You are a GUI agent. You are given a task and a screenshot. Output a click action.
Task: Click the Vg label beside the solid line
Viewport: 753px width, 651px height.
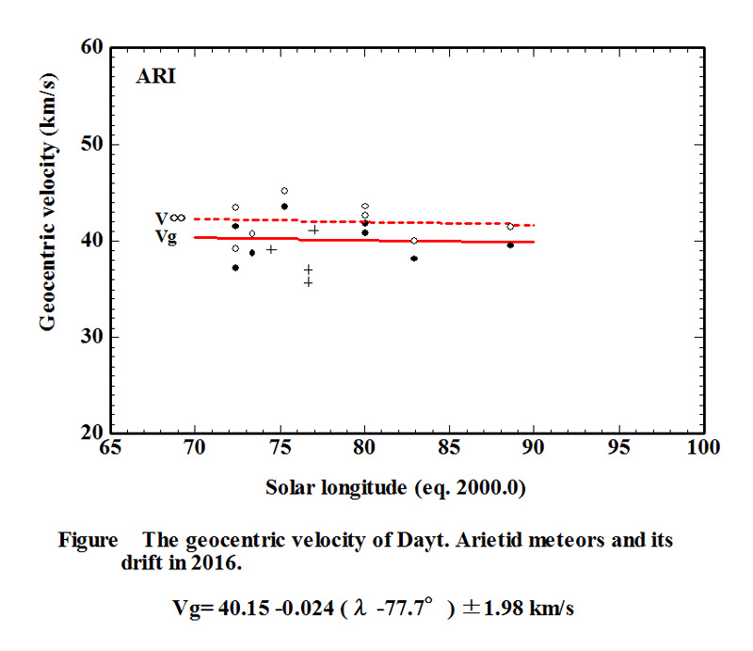click(x=167, y=237)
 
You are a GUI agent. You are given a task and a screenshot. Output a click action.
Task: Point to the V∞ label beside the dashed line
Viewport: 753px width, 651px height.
click(x=169, y=218)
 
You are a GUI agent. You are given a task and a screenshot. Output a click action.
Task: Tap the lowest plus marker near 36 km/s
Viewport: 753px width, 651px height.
click(x=308, y=282)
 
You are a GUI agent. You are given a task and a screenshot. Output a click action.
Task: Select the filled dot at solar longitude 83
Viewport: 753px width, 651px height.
click(x=414, y=258)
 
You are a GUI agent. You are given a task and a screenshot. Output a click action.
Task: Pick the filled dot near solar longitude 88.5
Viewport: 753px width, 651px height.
click(x=510, y=245)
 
